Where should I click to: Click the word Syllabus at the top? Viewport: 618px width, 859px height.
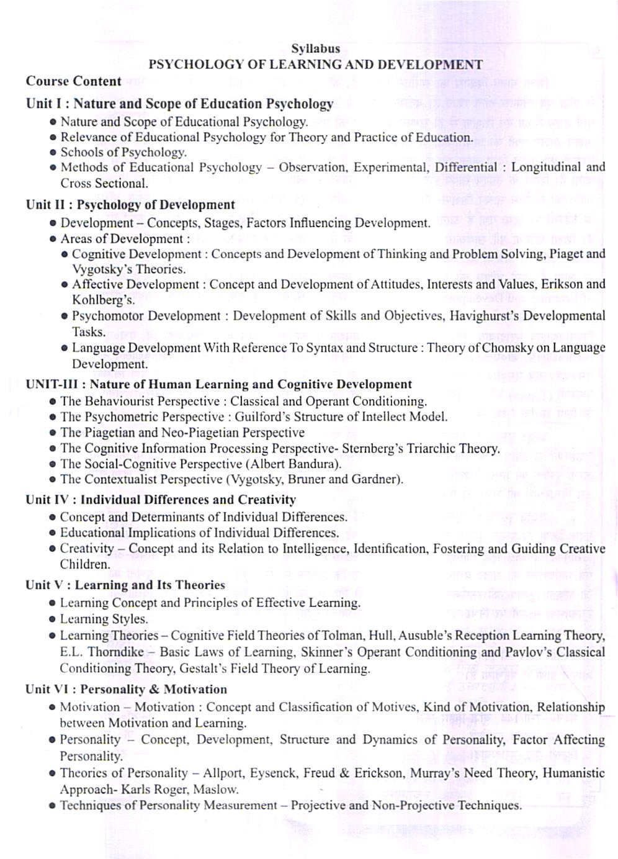pyautogui.click(x=316, y=48)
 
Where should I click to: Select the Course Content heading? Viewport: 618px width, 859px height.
pyautogui.click(x=73, y=81)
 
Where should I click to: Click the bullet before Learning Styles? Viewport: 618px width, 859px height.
pyautogui.click(x=53, y=619)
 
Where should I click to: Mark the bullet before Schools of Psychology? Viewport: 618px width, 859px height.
pyautogui.click(x=53, y=153)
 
